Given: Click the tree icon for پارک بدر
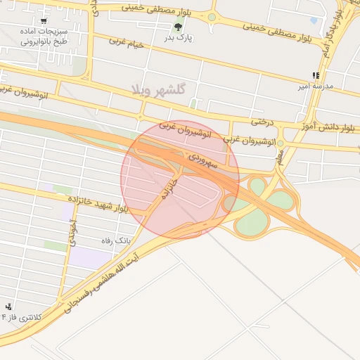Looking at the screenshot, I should (177, 27).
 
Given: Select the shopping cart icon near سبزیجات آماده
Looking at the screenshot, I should (44, 21).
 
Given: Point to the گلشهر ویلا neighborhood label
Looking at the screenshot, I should (157, 90).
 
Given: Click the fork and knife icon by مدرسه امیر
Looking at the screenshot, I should (316, 75).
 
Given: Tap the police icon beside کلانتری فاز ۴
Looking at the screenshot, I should (8, 307).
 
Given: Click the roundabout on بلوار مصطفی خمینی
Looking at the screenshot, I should (211, 17).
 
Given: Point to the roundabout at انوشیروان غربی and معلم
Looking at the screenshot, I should (280, 143).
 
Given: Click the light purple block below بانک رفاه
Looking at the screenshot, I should (91, 257).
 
